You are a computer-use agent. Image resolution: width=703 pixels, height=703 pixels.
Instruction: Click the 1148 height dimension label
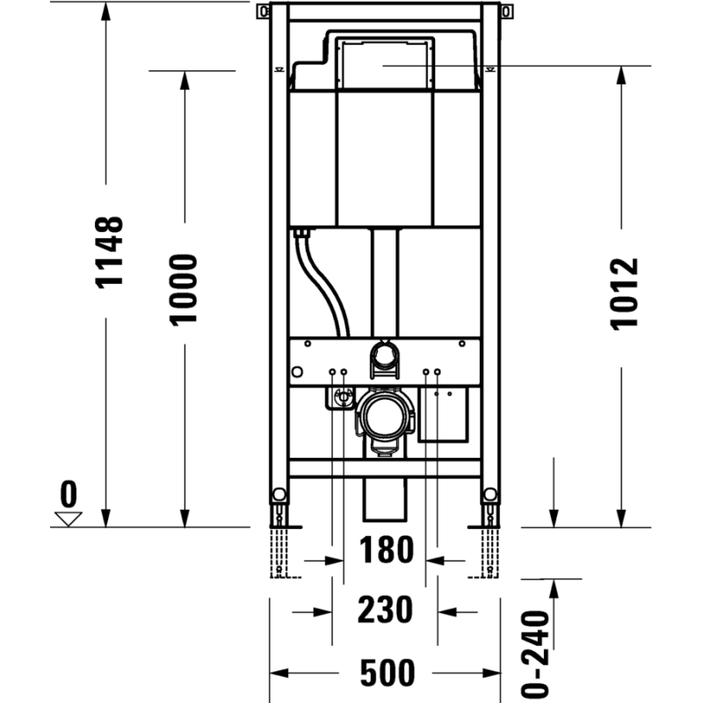click(x=109, y=252)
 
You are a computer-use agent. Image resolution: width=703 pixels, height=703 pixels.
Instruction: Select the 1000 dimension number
click(x=183, y=290)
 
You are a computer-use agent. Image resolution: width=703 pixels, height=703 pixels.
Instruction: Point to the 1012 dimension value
click(x=625, y=294)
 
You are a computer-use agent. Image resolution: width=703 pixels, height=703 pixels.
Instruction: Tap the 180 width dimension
click(x=387, y=550)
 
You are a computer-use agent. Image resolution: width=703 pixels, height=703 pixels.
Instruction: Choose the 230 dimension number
click(x=385, y=610)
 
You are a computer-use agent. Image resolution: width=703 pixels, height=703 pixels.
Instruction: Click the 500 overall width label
click(x=388, y=672)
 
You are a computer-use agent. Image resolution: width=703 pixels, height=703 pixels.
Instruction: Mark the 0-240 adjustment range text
click(x=535, y=654)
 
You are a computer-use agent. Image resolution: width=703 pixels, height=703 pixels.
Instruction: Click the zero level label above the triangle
click(x=69, y=494)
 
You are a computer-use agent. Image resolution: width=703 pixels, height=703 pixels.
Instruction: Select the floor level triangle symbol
click(x=69, y=518)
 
